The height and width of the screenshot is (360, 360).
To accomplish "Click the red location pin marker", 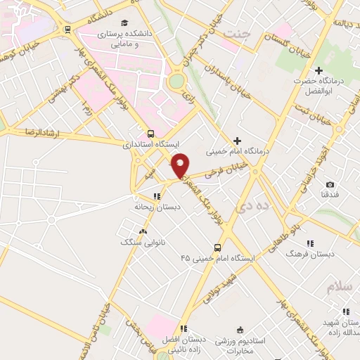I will [x=181, y=165].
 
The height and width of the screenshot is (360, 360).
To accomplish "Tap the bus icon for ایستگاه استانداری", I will [x=150, y=134].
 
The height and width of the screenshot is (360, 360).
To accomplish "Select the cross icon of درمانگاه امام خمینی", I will [x=237, y=141].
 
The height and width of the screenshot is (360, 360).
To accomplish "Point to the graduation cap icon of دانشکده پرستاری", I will [x=124, y=23].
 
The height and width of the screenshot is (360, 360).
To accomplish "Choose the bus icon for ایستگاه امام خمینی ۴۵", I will [x=217, y=247].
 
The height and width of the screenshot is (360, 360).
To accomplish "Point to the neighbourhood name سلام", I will [x=338, y=287].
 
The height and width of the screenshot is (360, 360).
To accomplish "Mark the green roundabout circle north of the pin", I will [x=176, y=82].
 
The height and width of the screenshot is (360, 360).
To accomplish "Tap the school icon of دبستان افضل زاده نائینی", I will [x=183, y=328].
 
